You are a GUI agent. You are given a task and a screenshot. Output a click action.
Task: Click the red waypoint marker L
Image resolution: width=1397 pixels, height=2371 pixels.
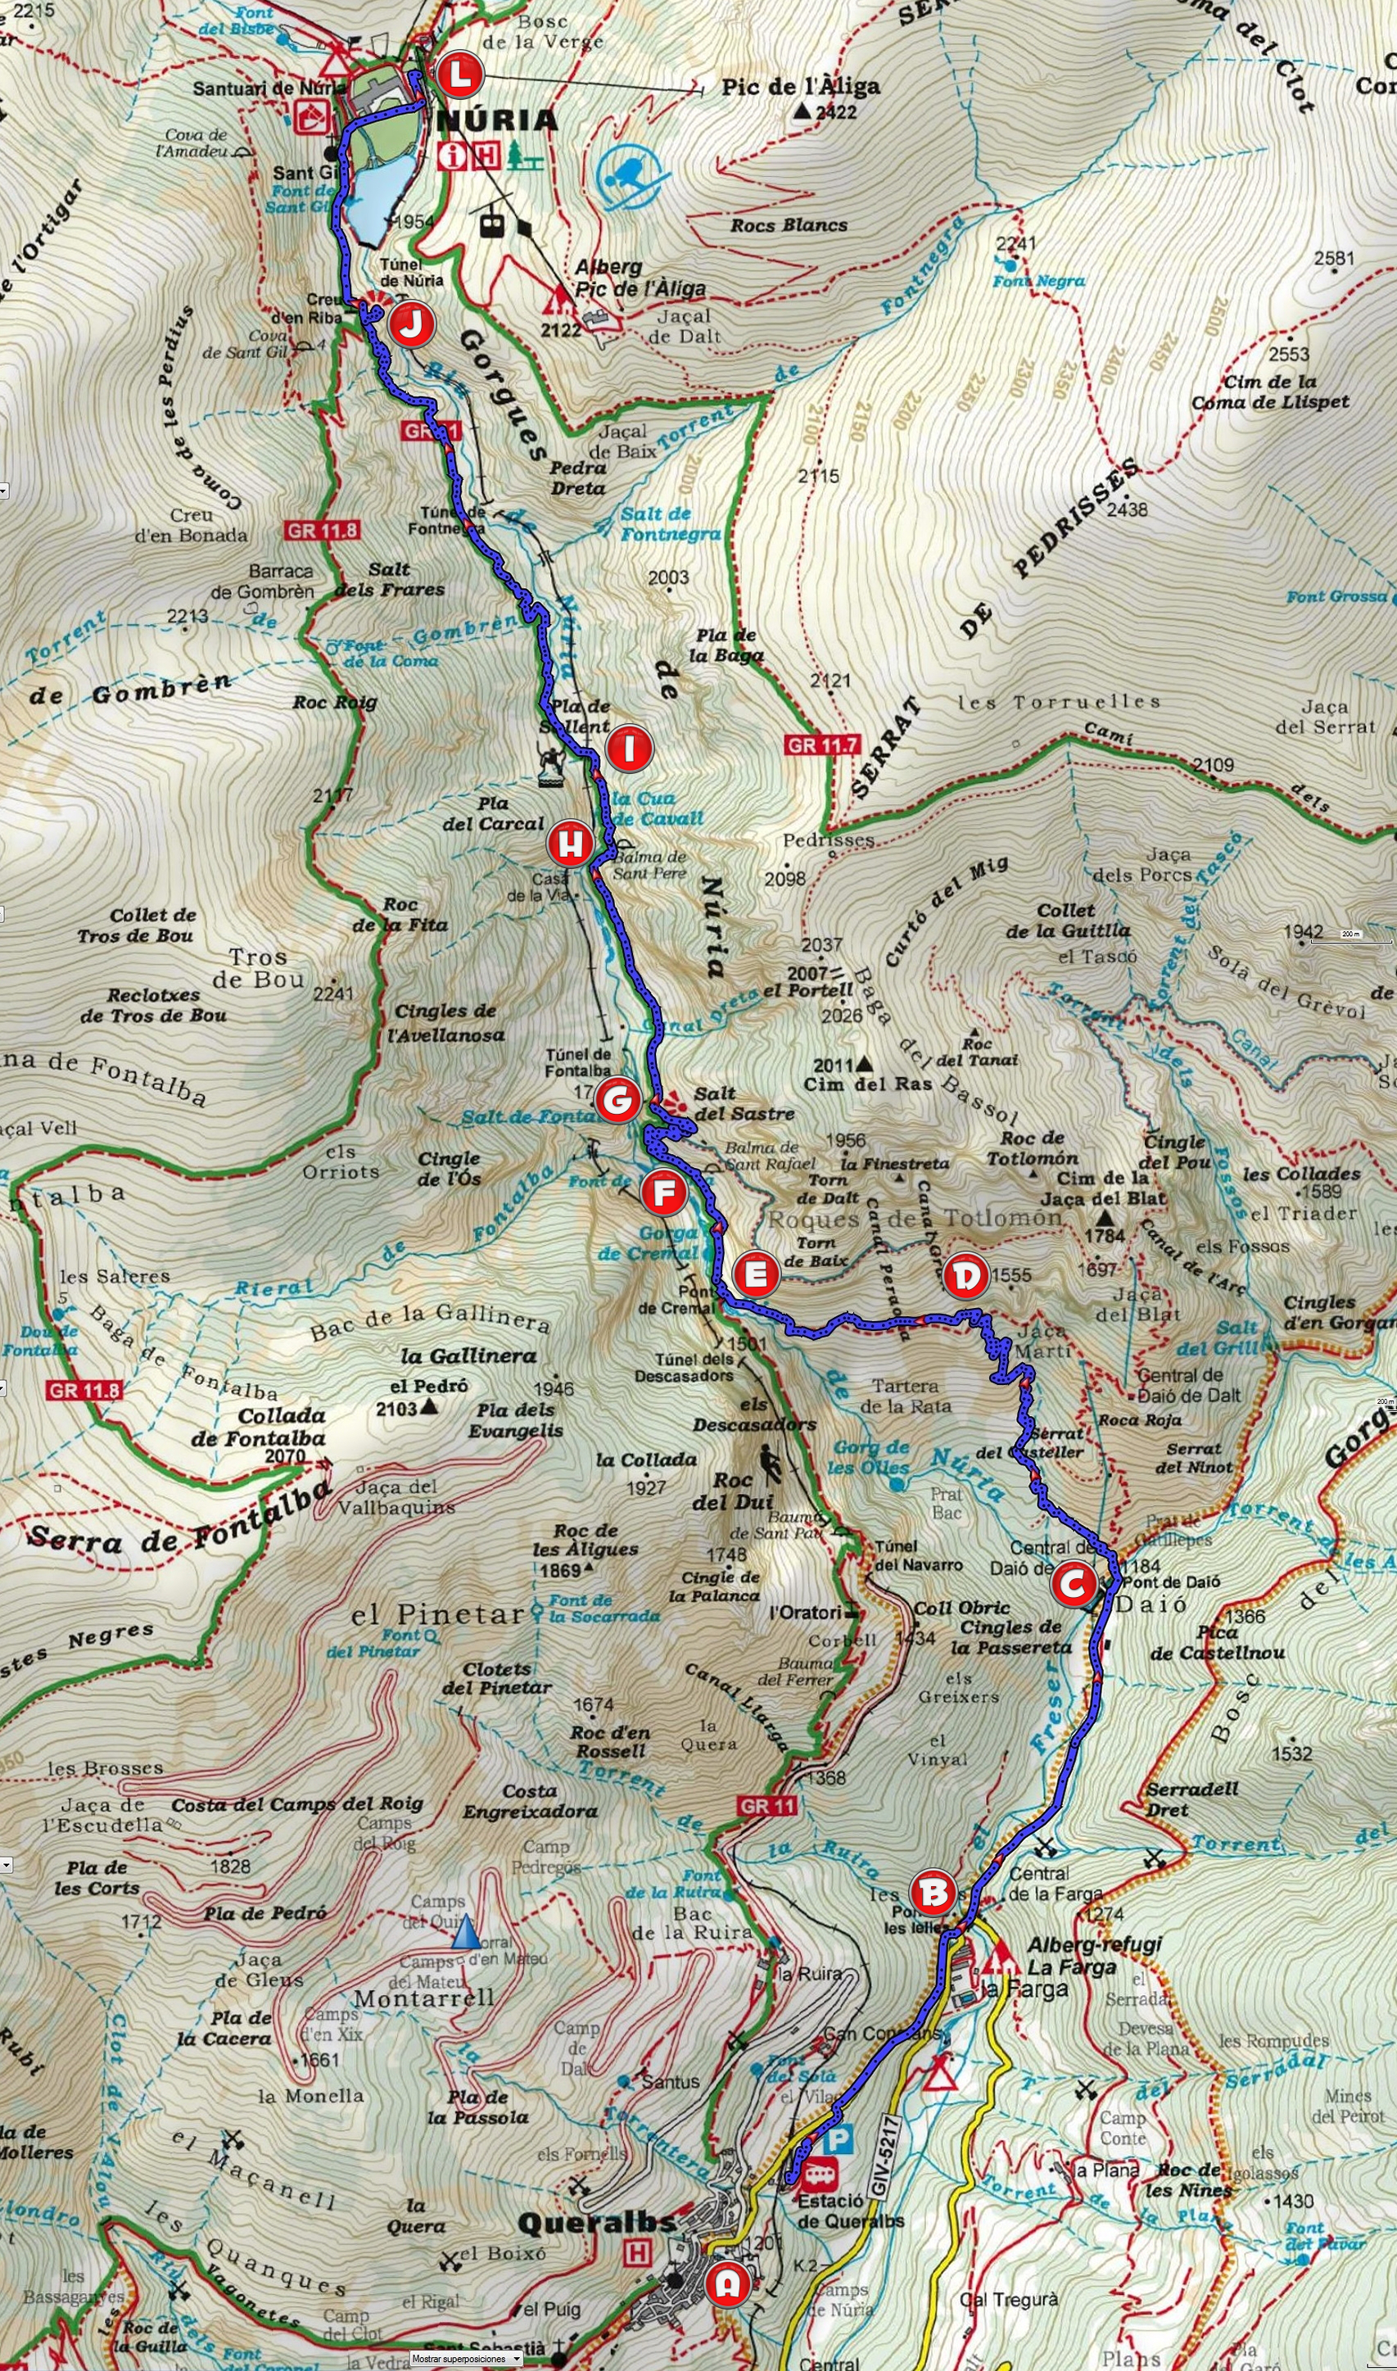coord(459,76)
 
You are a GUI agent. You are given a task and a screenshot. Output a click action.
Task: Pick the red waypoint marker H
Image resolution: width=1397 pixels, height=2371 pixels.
coord(571,844)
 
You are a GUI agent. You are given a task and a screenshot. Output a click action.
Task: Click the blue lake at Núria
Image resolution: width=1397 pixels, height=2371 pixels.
coord(380,196)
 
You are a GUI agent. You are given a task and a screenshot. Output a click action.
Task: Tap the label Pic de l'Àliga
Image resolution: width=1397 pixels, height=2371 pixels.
coord(800,88)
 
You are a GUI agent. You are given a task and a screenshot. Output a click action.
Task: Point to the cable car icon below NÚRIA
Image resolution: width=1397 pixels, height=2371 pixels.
coord(491,224)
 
